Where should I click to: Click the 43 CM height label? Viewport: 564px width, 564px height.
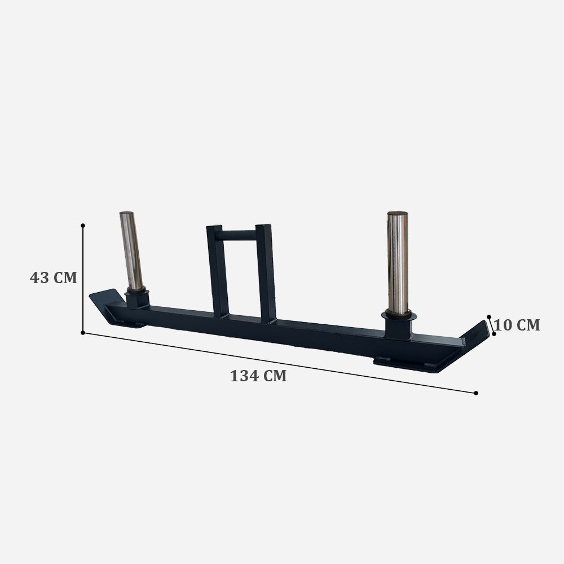[x=53, y=277]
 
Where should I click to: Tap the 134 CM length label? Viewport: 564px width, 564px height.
[x=258, y=376]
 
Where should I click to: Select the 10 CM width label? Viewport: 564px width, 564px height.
[x=517, y=325]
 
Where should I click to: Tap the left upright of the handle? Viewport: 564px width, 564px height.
[x=215, y=271]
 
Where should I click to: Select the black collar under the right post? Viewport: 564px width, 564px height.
[x=399, y=325]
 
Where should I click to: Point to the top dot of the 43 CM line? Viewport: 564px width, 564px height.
[x=83, y=226]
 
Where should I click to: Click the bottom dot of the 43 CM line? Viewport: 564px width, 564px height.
[x=83, y=333]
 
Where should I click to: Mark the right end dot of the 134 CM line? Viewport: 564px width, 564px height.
[x=476, y=393]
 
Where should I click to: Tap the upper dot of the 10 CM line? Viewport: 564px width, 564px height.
[x=489, y=317]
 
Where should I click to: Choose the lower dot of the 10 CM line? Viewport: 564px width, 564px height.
[x=494, y=333]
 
